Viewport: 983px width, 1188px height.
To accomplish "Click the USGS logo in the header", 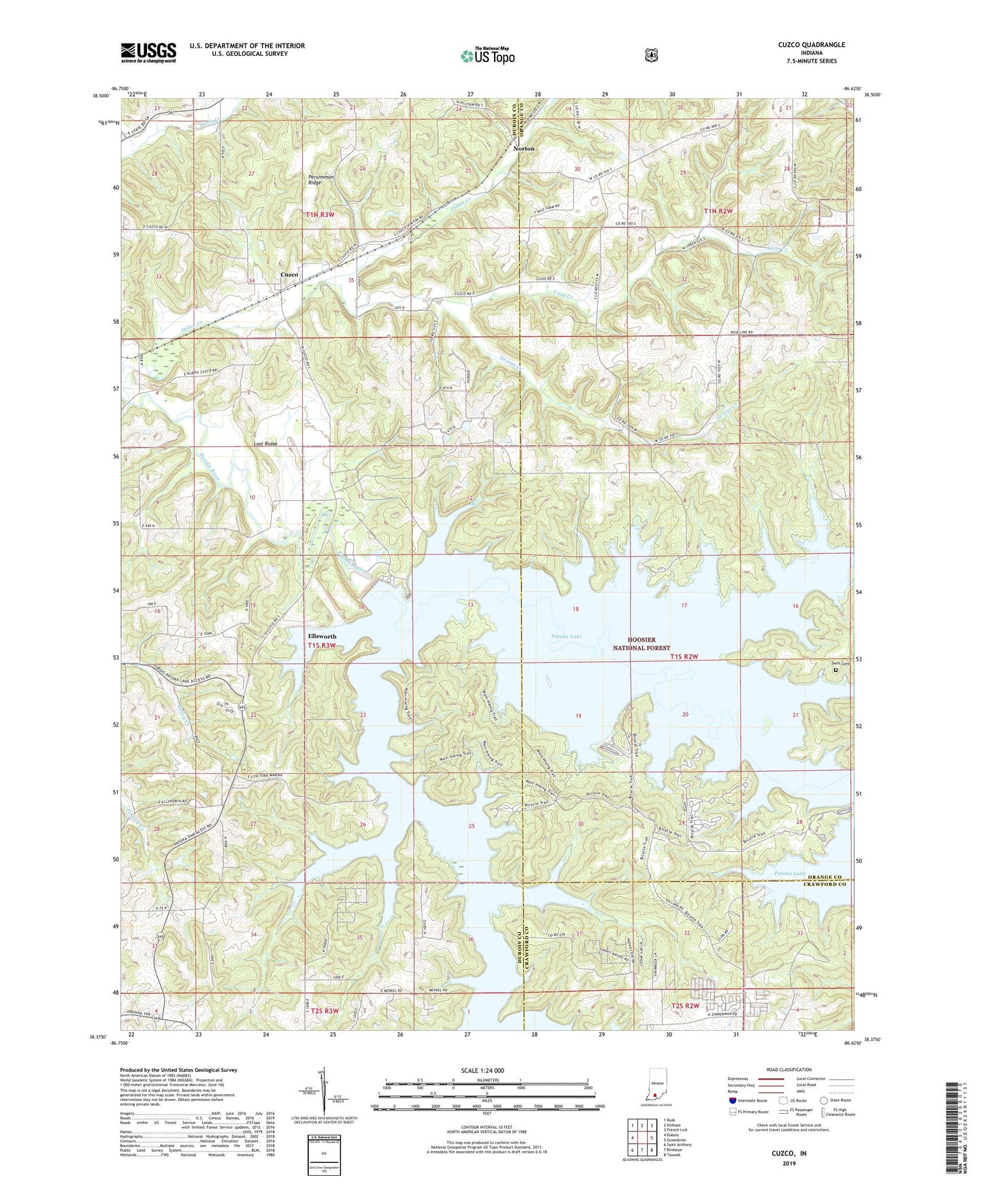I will coord(148,52).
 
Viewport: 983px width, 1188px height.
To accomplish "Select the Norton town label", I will coord(524,148).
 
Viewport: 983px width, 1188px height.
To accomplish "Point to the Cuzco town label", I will coord(290,274).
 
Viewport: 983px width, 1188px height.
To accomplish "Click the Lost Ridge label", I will coord(265,444).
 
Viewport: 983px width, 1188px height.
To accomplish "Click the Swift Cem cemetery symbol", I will coord(836,670).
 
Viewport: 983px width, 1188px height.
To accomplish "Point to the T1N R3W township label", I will coord(320,214).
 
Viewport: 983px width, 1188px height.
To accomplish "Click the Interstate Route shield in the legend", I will coord(732,1100).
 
